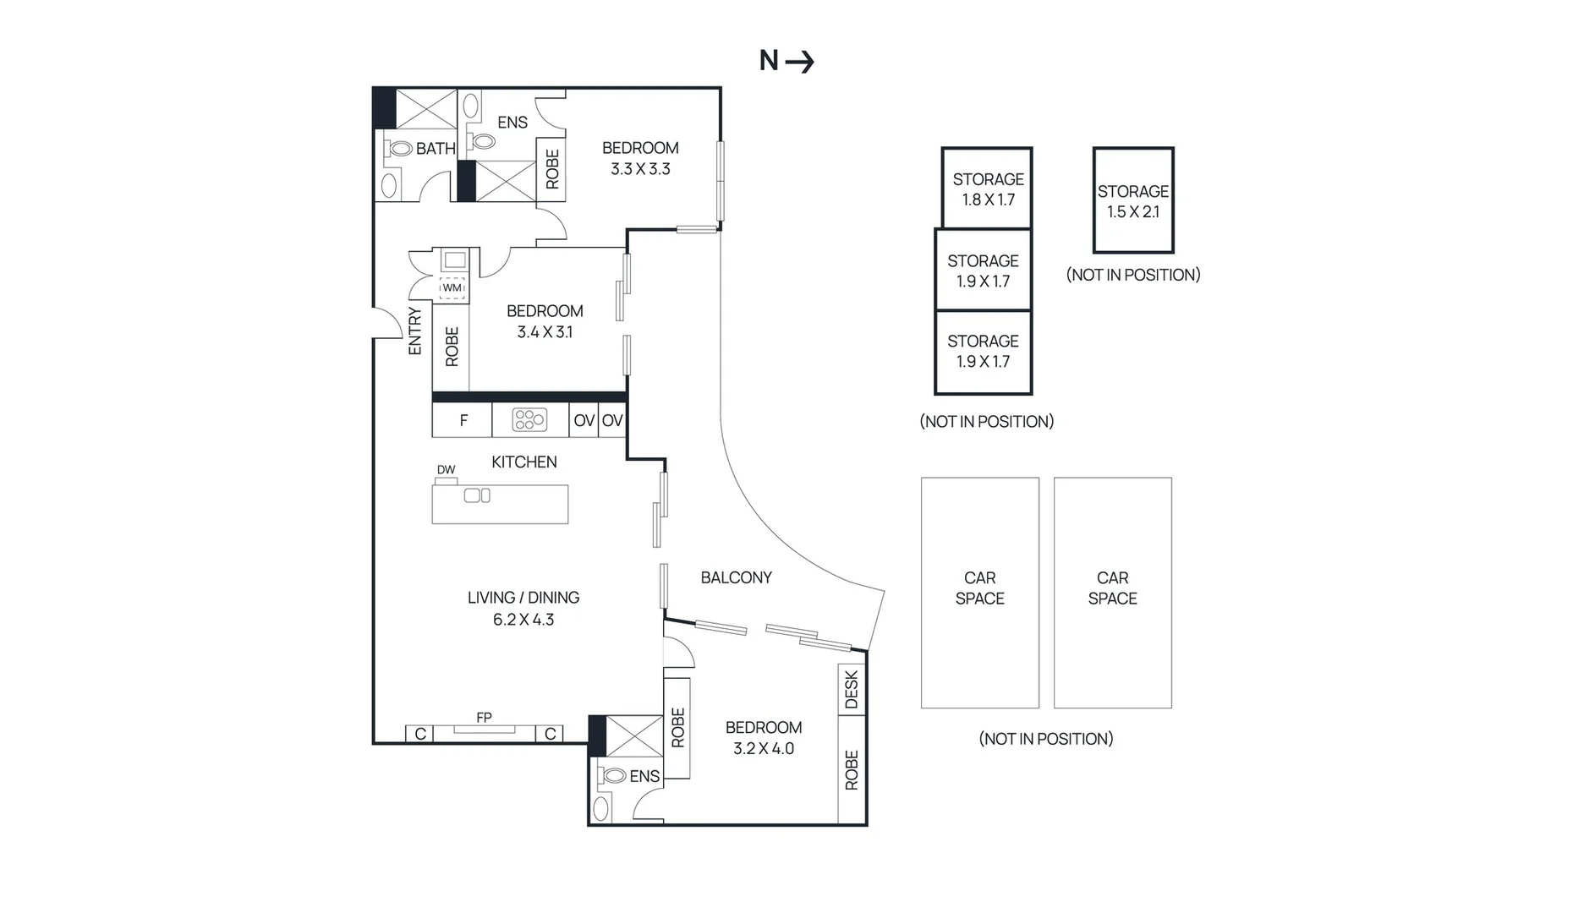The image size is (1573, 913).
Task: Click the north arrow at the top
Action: click(799, 61)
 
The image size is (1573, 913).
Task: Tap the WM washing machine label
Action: click(452, 287)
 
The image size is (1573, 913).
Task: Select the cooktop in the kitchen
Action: click(529, 419)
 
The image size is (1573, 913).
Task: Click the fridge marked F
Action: click(463, 420)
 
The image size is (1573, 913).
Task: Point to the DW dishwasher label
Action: click(446, 470)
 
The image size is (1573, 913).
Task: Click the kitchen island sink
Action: click(477, 495)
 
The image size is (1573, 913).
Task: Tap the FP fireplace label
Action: click(484, 717)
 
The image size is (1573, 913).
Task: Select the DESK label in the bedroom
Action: click(852, 690)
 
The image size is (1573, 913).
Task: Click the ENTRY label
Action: click(414, 331)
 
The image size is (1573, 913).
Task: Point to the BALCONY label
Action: click(736, 577)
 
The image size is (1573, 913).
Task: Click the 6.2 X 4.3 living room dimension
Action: click(523, 620)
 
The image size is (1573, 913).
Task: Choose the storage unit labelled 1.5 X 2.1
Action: click(1133, 200)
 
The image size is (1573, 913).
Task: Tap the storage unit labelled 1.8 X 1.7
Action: click(987, 189)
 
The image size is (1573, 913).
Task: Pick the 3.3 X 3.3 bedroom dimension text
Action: click(640, 169)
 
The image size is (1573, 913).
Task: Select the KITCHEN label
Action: click(524, 462)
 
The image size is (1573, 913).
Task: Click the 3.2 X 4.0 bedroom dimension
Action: click(764, 748)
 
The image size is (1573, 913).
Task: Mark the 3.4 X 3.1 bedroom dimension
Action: click(545, 332)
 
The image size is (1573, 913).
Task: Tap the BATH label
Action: click(436, 149)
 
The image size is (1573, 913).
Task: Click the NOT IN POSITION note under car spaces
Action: click(1046, 739)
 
